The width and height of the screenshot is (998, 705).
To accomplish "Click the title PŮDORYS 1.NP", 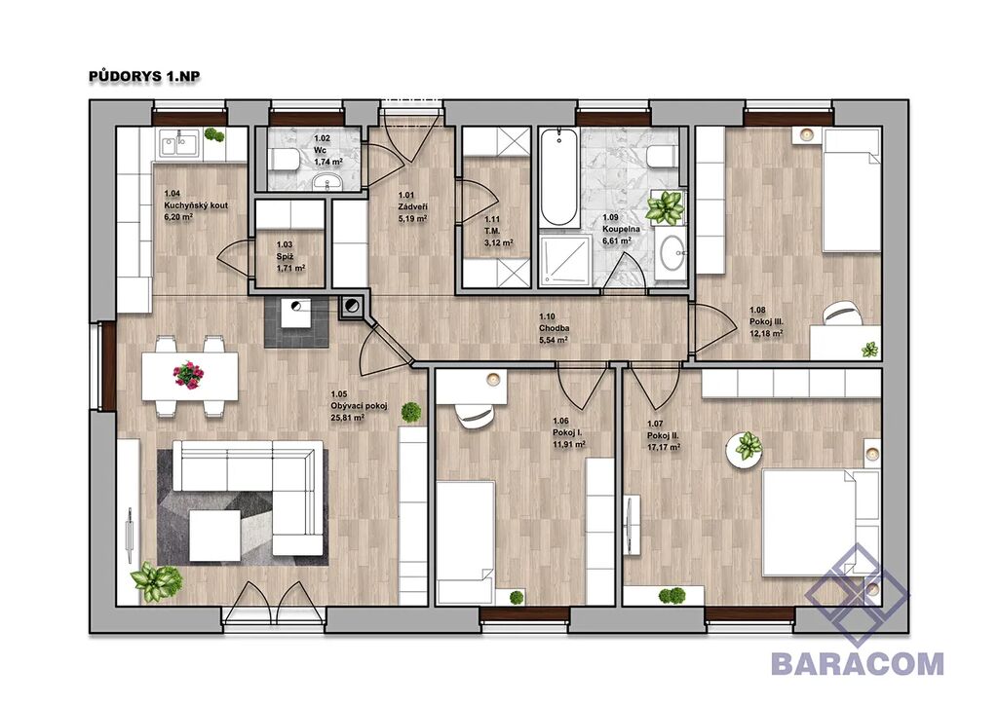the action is [x=144, y=76].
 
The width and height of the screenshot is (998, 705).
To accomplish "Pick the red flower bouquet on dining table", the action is [x=188, y=374].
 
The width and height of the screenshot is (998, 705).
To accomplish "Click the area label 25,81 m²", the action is [x=348, y=419].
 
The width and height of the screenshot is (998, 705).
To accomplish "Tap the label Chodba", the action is [x=554, y=328].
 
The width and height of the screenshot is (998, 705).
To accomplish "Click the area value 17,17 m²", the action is [x=664, y=447].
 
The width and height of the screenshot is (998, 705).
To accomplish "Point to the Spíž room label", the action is [x=285, y=256].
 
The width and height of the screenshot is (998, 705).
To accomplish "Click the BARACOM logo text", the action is [x=858, y=663].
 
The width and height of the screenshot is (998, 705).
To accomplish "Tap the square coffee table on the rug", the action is [x=215, y=536].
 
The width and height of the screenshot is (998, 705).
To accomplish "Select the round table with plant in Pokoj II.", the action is [x=746, y=450].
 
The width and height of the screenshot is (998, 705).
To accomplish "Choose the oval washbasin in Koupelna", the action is [x=671, y=252].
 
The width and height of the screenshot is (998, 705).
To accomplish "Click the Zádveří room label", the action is [x=412, y=206].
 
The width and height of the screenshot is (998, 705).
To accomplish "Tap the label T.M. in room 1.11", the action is [x=492, y=231].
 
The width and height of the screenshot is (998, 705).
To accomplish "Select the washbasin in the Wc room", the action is [x=328, y=181].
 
